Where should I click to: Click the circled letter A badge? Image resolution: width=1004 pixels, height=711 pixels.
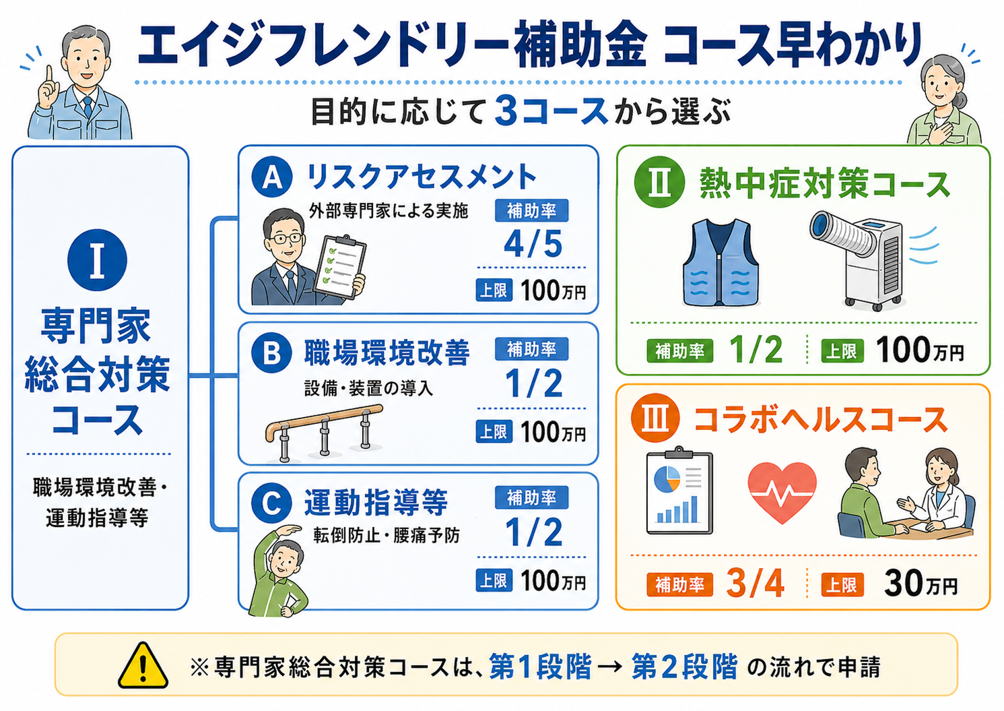tap(272, 178)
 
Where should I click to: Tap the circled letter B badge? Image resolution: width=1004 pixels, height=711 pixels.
tap(272, 353)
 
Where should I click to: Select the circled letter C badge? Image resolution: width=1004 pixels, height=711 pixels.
tap(272, 503)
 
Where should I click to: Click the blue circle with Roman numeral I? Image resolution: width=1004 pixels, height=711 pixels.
tap(97, 260)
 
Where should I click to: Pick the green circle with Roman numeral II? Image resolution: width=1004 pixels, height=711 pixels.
tap(659, 182)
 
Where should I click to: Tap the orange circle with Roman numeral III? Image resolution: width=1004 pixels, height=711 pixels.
tap(655, 418)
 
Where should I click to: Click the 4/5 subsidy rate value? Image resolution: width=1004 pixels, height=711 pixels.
tap(533, 245)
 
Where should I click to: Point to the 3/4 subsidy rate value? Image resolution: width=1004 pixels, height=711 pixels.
tap(756, 583)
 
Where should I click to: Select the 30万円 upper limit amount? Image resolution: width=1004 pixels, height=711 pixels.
tap(921, 584)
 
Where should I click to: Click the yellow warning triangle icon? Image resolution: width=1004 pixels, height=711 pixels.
tap(143, 666)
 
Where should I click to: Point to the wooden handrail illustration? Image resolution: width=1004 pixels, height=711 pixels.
tap(324, 433)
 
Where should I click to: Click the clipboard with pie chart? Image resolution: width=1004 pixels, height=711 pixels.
tap(679, 491)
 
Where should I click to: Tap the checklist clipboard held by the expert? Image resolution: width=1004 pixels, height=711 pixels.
tap(340, 267)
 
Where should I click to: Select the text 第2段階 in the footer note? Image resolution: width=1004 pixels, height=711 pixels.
tap(684, 667)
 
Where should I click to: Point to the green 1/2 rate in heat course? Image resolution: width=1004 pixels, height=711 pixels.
tap(756, 350)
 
